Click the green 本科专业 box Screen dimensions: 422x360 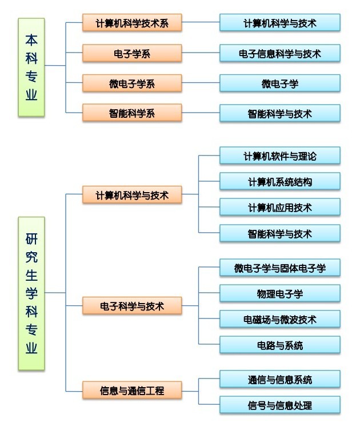click(31, 67)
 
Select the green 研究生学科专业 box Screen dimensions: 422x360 click(31, 294)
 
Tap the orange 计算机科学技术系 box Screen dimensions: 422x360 click(132, 23)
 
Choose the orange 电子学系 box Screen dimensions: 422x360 click(132, 54)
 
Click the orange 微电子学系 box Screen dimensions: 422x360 click(132, 83)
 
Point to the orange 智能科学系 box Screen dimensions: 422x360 click(132, 113)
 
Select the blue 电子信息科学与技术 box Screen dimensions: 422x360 click(280, 54)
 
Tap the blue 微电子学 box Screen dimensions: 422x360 click(280, 83)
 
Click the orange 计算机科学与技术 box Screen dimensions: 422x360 click(132, 195)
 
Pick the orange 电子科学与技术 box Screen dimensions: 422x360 click(132, 306)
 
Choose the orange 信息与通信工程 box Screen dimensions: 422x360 click(132, 391)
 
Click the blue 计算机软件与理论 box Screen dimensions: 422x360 click(280, 156)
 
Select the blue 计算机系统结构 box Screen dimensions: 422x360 click(280, 182)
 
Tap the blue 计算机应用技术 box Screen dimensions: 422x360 click(280, 208)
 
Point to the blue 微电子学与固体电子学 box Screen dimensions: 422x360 click(280, 268)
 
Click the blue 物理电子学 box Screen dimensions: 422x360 click(280, 294)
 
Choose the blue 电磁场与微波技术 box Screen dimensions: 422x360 click(280, 320)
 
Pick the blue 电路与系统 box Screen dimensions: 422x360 click(280, 345)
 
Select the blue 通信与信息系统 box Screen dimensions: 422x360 click(280, 379)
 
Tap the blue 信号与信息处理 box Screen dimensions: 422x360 click(280, 405)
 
